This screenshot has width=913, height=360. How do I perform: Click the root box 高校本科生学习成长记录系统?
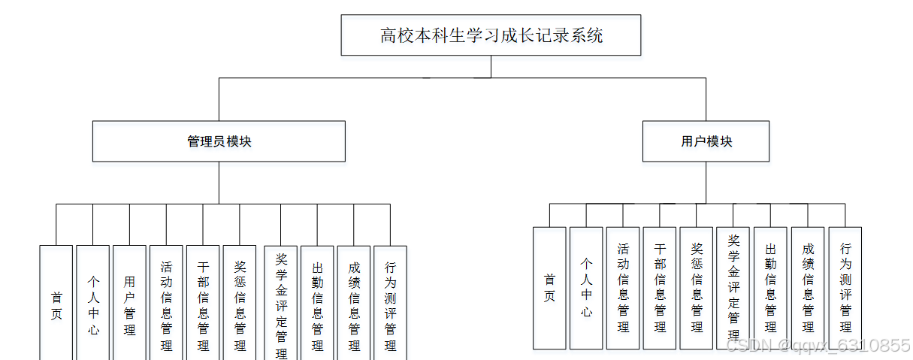tap(491, 35)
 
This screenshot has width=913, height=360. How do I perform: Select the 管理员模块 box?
tap(219, 141)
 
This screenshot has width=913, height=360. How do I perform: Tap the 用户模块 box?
tap(706, 141)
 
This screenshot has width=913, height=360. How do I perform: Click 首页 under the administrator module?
tap(56, 305)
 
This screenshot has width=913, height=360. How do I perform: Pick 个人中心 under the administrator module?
tap(93, 305)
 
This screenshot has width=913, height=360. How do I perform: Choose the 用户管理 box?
tap(130, 305)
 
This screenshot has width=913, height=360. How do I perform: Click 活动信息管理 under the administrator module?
tap(166, 305)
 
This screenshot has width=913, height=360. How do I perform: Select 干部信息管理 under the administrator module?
tap(203, 305)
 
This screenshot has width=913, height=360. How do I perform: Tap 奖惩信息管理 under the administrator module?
tap(240, 305)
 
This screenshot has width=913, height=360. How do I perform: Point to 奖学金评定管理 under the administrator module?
tap(281, 305)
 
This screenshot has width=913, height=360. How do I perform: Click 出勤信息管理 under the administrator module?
tap(317, 305)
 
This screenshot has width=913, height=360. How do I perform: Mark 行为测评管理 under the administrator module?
tap(390, 305)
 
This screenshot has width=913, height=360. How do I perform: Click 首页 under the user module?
tap(549, 288)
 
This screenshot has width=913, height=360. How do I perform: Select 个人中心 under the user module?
tap(586, 288)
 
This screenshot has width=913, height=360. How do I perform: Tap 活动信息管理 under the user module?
tap(623, 288)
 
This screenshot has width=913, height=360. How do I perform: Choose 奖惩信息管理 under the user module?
tap(697, 288)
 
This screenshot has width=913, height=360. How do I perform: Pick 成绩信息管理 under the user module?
tap(808, 288)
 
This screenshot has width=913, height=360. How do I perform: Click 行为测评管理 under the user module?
tap(845, 288)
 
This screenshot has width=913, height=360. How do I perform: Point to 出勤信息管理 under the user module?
tap(770, 288)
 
